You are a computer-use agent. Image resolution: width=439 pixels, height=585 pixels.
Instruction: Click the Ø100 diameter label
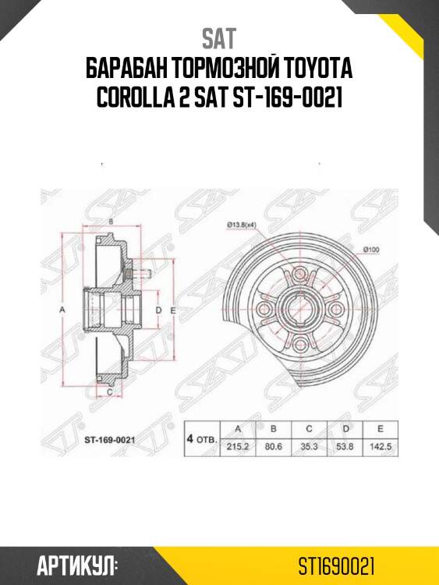point(371,249)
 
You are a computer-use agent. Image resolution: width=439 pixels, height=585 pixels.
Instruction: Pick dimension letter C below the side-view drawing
point(111,392)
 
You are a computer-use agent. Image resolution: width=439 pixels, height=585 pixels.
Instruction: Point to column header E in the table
point(381,428)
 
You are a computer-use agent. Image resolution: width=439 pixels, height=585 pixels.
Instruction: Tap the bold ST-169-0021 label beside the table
point(110,439)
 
